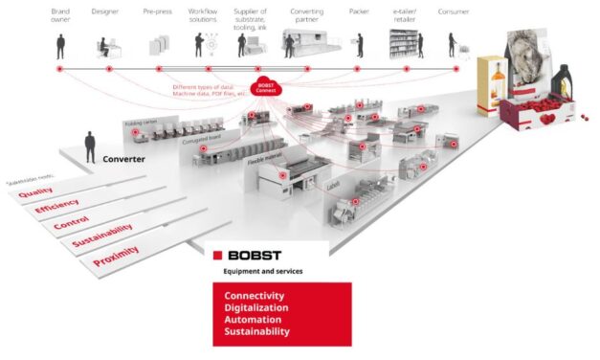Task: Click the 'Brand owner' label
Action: click(59, 15)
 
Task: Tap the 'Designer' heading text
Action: click(105, 11)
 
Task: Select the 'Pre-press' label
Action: click(157, 11)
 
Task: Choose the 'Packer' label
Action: click(358, 11)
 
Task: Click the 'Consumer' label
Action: click(453, 11)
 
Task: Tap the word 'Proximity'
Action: click(116, 254)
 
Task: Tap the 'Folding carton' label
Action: click(140, 124)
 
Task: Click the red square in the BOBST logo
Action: click(217, 256)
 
